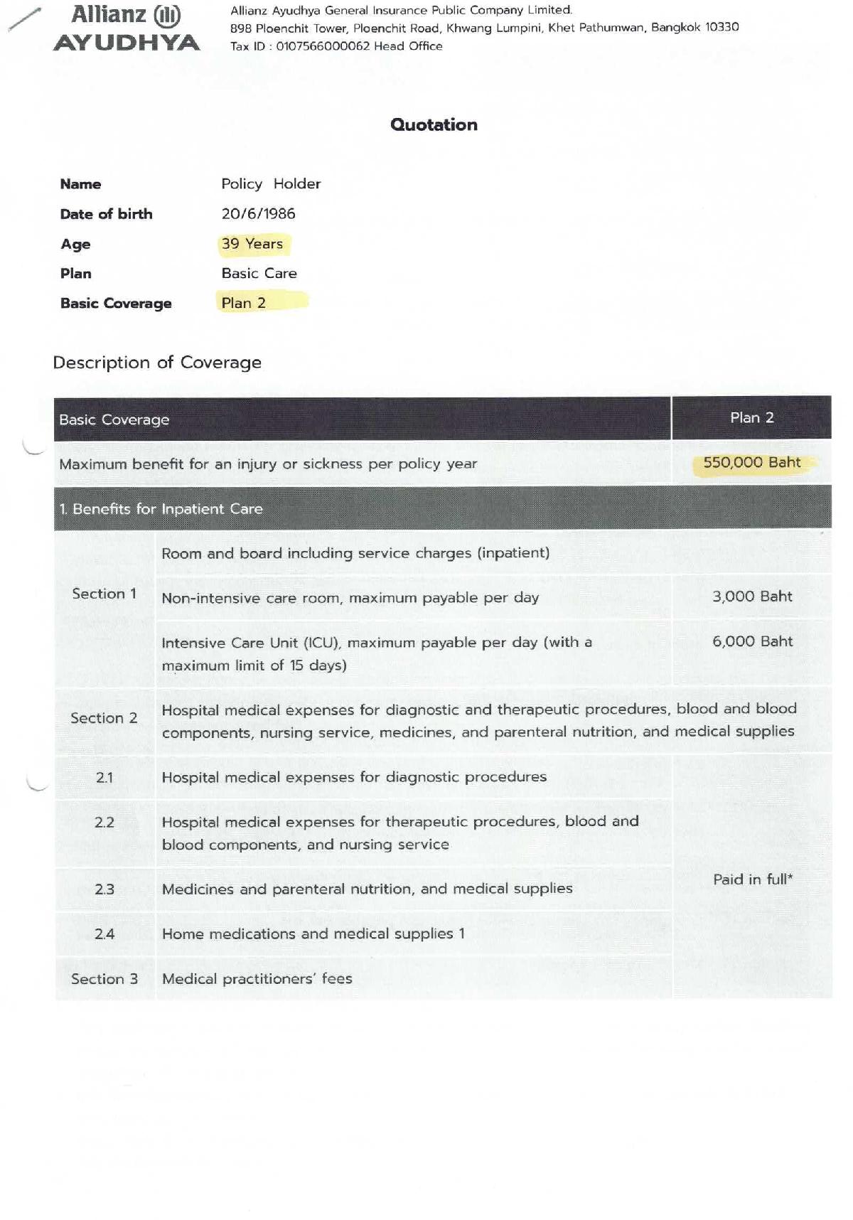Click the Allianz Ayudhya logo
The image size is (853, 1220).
pos(127,28)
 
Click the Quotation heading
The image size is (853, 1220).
pos(434,125)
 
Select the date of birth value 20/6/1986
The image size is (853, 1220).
pos(258,214)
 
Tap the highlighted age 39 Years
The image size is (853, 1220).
pos(252,244)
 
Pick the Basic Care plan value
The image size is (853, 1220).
pos(259,274)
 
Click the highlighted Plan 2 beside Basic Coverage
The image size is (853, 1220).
pos(244,303)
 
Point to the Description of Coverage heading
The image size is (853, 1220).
pos(157,363)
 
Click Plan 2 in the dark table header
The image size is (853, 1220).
pos(751,418)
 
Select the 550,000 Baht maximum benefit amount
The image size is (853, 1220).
pos(751,463)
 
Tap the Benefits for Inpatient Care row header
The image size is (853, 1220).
pos(161,509)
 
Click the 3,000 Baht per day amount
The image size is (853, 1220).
pos(752,596)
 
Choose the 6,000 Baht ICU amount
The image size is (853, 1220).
pos(752,641)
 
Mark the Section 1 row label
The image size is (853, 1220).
pos(104,594)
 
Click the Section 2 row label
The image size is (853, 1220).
pos(104,718)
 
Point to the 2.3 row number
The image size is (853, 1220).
pos(104,889)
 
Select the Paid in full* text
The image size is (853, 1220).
pos(752,879)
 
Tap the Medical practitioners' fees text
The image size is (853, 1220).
pos(257,979)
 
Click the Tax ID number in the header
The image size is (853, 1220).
pos(323,46)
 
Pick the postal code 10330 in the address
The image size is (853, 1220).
pos(722,27)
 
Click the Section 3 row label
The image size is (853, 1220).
pos(104,979)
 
